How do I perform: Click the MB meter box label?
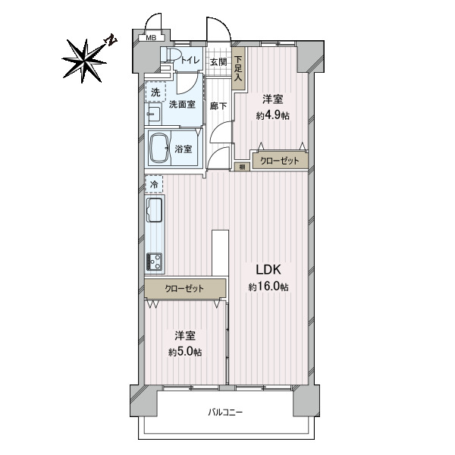pos(151,38)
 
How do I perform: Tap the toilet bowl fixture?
pos(171,55)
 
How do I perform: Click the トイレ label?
pos(190,61)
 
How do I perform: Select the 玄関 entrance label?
pos(218,62)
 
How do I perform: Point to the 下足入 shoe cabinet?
pos(239,68)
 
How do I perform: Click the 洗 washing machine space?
pos(155,92)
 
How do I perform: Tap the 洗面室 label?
pos(182,104)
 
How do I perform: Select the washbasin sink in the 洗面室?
pos(153,114)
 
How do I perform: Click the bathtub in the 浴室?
pos(159,149)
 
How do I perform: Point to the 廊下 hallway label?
pos(218,106)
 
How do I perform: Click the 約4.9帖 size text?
pos(273,116)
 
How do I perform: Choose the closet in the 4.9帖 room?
pos(280,161)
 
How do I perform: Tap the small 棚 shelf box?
pos(242,167)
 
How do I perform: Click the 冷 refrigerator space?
pos(155,184)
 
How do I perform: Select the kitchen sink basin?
pos(155,210)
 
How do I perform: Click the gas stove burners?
pos(155,262)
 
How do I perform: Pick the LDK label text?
pos(268,270)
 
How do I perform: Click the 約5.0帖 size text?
pos(185,353)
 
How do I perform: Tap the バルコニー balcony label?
pos(225,412)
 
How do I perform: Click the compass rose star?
pos(84,61)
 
